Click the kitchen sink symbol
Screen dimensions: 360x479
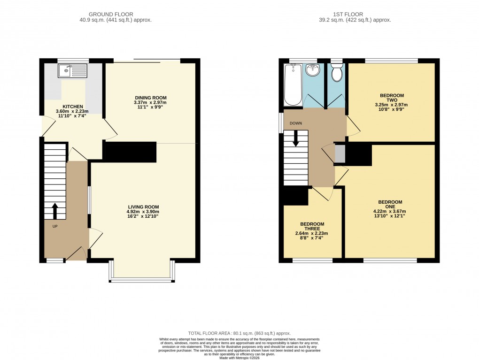[72, 71]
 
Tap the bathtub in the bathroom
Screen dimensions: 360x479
[293, 85]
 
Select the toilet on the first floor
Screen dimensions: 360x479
[336, 74]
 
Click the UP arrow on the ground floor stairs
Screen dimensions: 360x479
[55, 211]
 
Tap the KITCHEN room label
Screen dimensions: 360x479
[72, 107]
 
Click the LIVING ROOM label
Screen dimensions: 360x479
[143, 207]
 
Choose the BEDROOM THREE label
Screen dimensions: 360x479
[311, 226]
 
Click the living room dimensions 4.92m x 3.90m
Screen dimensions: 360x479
[143, 212]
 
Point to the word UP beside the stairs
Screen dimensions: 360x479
[55, 226]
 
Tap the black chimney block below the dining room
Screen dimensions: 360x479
[130, 152]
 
